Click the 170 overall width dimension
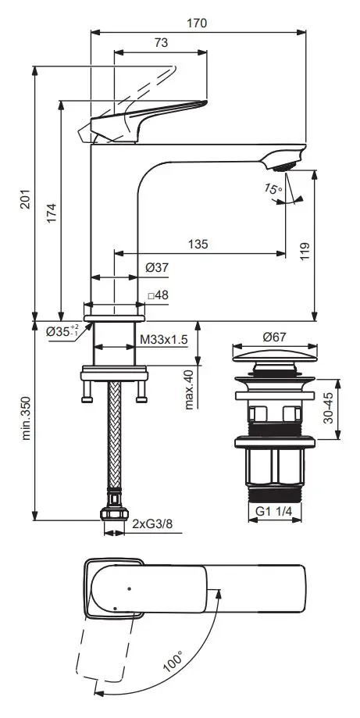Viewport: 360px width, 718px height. pos(197,23)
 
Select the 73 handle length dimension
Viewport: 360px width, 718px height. pos(161,43)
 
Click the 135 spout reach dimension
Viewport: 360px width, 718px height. pos(198,244)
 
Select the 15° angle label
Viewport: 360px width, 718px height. pos(273,188)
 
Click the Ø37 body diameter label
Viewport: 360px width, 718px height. pos(157,268)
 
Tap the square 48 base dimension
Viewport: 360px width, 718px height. pos(158,295)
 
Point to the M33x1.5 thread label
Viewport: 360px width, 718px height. pos(164,339)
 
